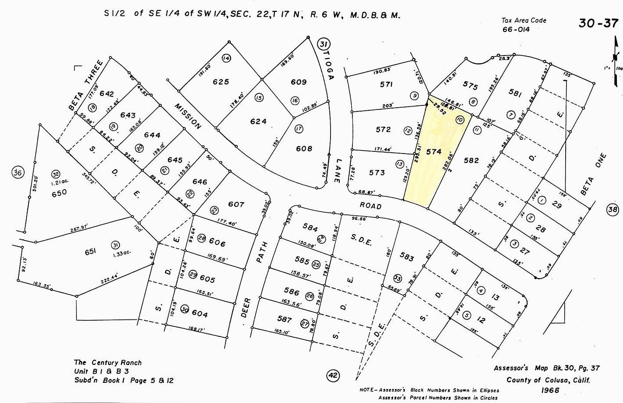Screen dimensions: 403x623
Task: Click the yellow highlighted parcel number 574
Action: pyautogui.click(x=433, y=151)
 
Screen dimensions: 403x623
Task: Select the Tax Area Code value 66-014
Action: pyautogui.click(x=516, y=29)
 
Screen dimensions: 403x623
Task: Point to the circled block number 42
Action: pyautogui.click(x=333, y=375)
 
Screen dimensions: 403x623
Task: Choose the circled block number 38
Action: pyautogui.click(x=612, y=210)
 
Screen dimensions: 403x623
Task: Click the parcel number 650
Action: pyautogui.click(x=59, y=192)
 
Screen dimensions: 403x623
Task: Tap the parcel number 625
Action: pyautogui.click(x=221, y=82)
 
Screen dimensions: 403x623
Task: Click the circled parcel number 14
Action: pyautogui.click(x=226, y=58)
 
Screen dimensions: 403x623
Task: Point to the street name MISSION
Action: pyautogui.click(x=188, y=116)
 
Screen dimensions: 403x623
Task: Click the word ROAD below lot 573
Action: pyautogui.click(x=370, y=206)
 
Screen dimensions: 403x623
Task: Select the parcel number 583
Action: pyautogui.click(x=406, y=257)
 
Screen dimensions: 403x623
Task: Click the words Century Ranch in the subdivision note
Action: pyautogui.click(x=116, y=362)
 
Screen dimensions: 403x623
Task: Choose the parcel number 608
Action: pyautogui.click(x=303, y=149)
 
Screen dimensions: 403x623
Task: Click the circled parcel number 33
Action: pyautogui.click(x=397, y=278)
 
